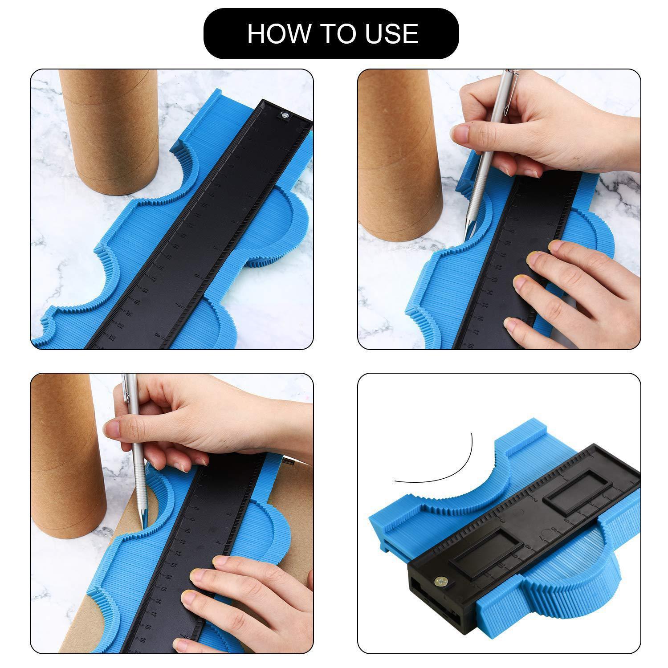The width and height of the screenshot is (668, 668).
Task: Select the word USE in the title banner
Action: pyautogui.click(x=389, y=34)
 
